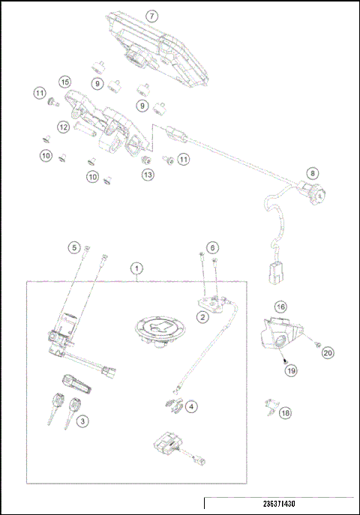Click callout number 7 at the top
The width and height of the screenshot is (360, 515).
coord(152,15)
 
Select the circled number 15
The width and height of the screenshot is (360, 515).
coord(65,81)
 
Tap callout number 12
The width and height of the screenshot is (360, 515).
coord(64,127)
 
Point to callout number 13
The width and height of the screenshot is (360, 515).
coord(148,174)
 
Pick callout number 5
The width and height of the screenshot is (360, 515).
coord(73,247)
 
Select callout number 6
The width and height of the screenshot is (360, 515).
coord(213,247)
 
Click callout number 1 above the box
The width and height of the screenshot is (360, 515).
coord(136,267)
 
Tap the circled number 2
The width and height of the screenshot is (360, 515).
coord(202,317)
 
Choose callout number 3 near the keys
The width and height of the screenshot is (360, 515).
coord(83,421)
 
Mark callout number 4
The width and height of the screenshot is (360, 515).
coord(192,406)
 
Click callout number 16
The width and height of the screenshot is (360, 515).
coord(280,307)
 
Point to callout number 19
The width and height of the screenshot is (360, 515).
coord(289,369)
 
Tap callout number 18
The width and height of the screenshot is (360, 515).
coord(286,412)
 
